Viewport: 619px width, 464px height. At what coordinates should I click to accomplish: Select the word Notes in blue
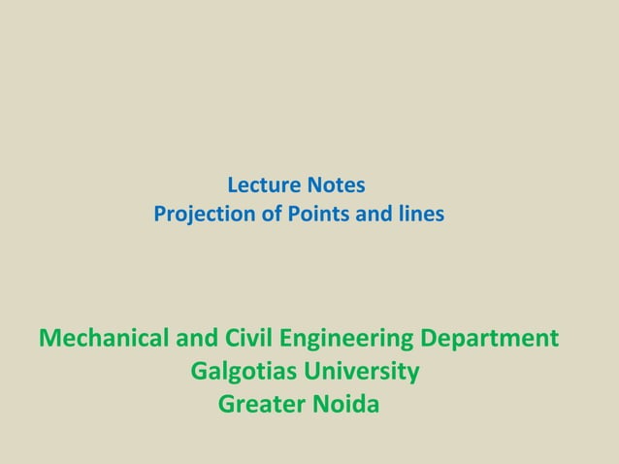pyautogui.click(x=337, y=184)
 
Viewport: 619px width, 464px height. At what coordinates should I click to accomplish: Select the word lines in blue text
pyautogui.click(x=419, y=214)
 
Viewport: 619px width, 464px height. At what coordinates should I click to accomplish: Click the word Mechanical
pyautogui.click(x=102, y=340)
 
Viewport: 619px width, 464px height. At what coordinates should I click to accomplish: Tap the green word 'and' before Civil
pyautogui.click(x=191, y=340)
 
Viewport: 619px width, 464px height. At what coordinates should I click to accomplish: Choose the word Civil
pyautogui.click(x=244, y=340)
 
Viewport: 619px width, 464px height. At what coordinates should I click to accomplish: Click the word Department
pyautogui.click(x=491, y=341)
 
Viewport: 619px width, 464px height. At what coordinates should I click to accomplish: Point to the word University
pyautogui.click(x=363, y=372)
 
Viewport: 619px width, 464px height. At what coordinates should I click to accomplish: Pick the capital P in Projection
pyautogui.click(x=159, y=214)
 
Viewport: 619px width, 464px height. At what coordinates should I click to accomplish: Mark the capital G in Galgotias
pyautogui.click(x=200, y=372)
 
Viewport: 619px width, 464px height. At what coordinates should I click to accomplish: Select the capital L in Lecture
pyautogui.click(x=231, y=184)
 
